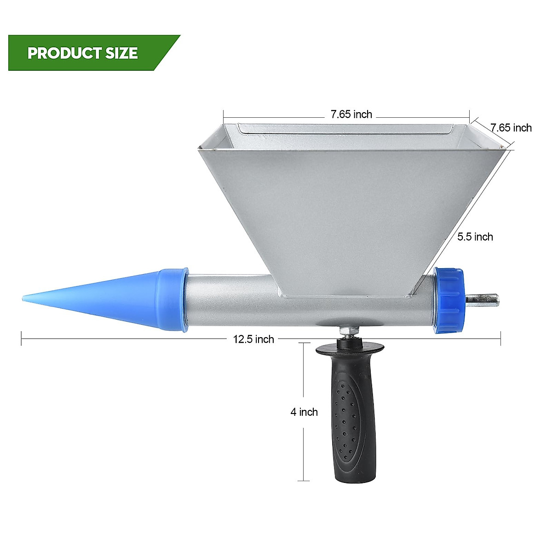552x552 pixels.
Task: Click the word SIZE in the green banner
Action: point(121,53)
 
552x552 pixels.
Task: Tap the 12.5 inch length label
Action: point(253,339)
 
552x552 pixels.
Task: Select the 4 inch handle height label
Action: point(304,412)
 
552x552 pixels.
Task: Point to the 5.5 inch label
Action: point(475,237)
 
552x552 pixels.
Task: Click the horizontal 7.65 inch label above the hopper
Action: point(351,115)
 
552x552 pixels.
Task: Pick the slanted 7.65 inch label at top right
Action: point(511,127)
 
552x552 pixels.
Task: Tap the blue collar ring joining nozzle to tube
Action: point(172,299)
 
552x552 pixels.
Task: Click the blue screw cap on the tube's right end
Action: point(448,299)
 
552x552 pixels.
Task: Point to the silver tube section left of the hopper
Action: point(230,299)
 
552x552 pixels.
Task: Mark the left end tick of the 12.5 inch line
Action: point(22,339)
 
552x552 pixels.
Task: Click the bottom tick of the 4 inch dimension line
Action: point(304,481)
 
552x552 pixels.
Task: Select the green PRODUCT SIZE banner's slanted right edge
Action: point(167,53)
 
